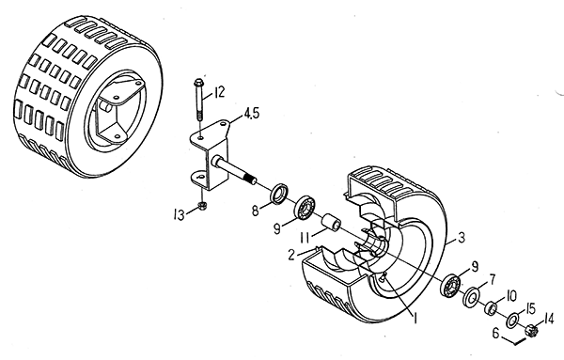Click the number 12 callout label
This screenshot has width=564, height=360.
point(219,92)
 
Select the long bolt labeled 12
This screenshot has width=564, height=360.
point(198,100)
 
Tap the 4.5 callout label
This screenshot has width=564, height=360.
point(251,114)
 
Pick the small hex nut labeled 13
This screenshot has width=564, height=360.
point(202,207)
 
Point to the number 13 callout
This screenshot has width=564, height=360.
point(179,215)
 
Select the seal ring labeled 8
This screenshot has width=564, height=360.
point(279,194)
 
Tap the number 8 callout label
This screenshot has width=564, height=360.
point(256,211)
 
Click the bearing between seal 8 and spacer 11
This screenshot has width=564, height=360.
point(305,207)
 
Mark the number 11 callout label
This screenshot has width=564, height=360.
point(305,237)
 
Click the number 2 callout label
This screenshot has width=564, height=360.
point(291,255)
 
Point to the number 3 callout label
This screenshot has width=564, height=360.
point(462,238)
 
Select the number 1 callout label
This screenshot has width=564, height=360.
point(415,318)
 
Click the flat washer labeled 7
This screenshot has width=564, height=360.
point(471,295)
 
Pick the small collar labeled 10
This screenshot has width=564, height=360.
point(491,308)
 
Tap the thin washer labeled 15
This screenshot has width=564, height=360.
point(512,320)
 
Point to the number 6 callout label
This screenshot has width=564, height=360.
point(496,334)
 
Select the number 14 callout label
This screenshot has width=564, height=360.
point(549,319)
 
